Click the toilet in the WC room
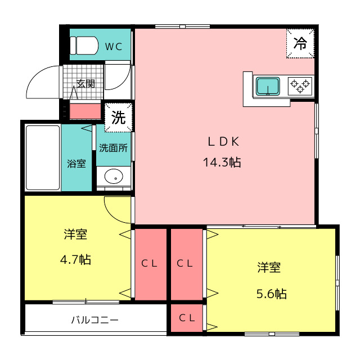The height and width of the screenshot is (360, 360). pos(84,46)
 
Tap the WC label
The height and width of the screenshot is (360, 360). pos(114,47)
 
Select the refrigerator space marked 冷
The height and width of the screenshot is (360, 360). pos(300,43)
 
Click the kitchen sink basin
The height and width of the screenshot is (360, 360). pos(268,86)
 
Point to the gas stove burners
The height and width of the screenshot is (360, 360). pos(300,86)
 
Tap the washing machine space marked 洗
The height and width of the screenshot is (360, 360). pos(119,118)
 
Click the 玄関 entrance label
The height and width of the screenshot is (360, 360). pos(85,84)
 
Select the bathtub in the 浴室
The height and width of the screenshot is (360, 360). pos(43,157)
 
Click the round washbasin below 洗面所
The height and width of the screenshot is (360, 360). pos(114,176)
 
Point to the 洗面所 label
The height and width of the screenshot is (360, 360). pos(113,148)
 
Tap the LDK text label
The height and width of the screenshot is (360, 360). pos(223,141)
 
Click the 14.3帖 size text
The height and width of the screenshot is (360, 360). pos(222,163)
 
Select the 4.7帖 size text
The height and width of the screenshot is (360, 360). pos(75,260)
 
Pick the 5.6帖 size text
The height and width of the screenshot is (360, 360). pos(271,294)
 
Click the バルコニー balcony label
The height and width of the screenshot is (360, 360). pos(95,320)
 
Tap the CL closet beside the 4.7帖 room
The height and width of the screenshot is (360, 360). pos(150,264)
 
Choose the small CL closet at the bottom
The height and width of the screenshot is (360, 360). pos(187,318)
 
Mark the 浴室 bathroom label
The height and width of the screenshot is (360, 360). pos(76,164)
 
